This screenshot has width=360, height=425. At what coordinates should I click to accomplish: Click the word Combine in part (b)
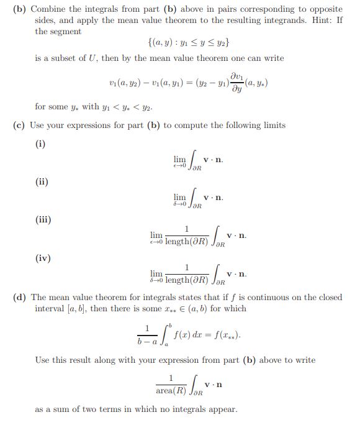pos(50,9)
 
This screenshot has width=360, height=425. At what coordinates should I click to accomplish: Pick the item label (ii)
pos(41,182)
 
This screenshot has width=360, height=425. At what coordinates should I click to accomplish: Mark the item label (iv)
pos(42,258)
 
